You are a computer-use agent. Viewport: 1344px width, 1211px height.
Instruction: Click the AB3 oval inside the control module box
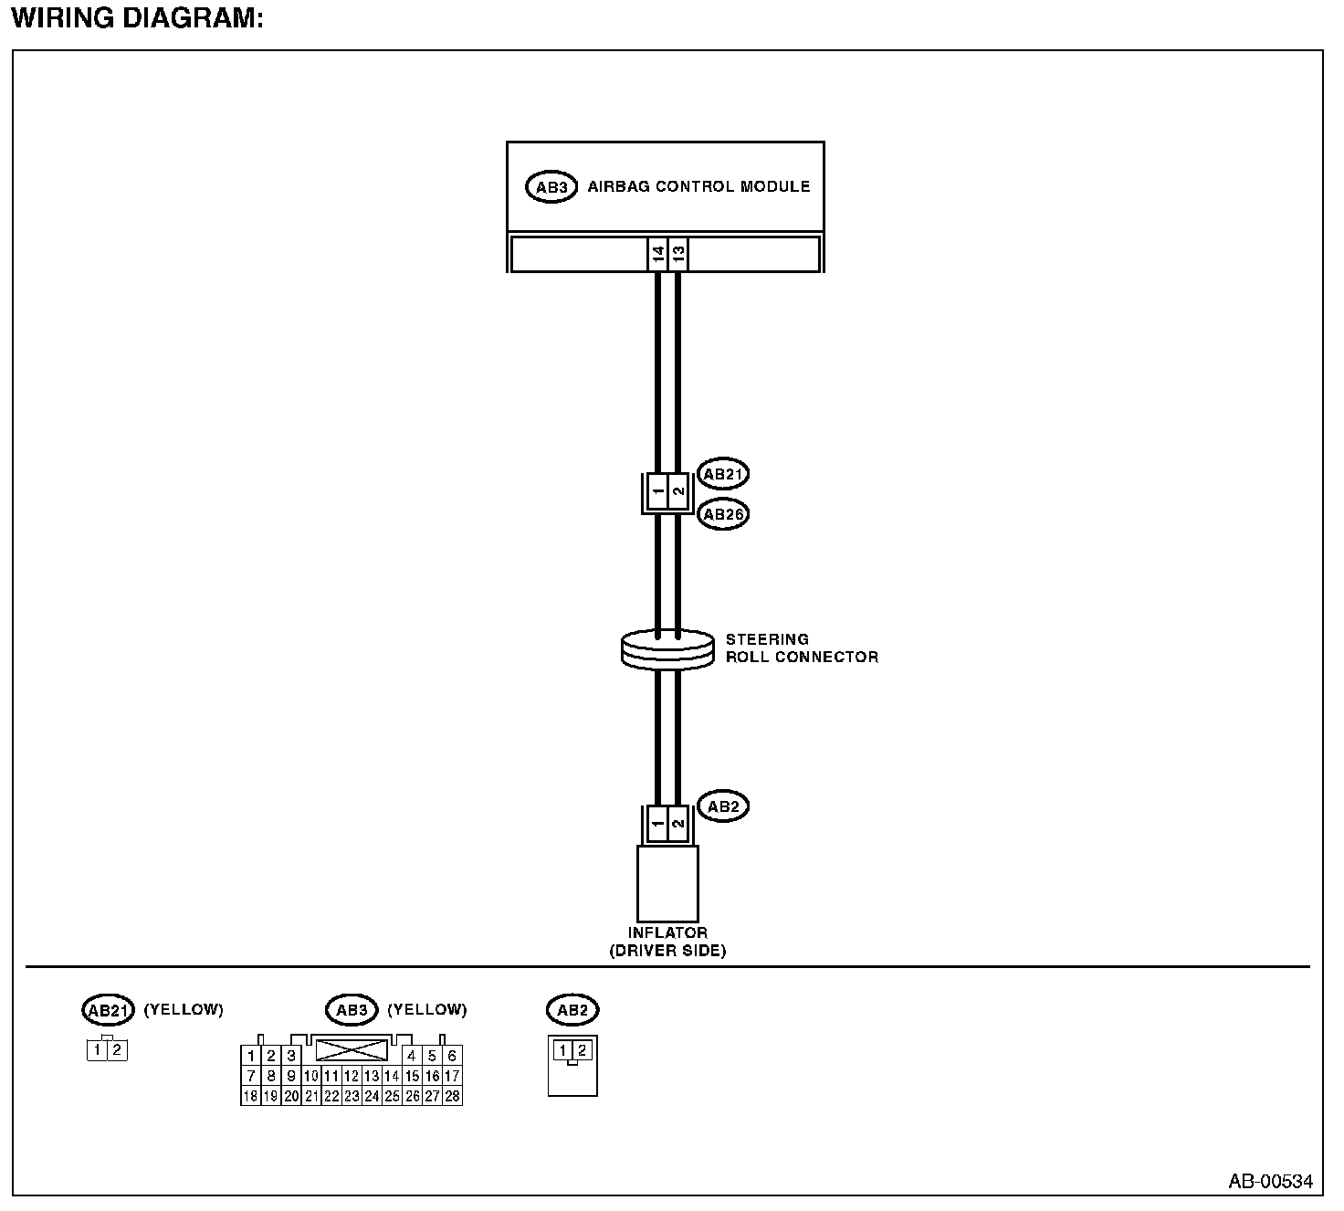pos(551,187)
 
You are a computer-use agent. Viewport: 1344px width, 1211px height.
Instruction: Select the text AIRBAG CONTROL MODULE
pos(698,186)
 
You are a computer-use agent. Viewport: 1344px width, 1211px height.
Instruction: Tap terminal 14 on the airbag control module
pos(657,255)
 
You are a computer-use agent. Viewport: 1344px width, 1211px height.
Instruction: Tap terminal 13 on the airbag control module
pos(677,255)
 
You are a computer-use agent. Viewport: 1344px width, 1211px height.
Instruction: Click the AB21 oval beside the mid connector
pos(723,474)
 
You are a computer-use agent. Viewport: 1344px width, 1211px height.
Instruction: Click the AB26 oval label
pos(723,514)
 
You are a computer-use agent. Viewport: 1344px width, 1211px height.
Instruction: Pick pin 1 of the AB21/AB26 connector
pos(657,493)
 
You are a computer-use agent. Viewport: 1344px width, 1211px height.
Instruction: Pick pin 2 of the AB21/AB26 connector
pos(677,493)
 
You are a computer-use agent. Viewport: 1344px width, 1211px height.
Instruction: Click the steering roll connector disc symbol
pos(667,649)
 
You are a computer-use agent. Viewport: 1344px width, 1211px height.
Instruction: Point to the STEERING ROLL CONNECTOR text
pos(801,648)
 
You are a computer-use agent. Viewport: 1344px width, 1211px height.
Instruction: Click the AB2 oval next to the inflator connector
pos(723,806)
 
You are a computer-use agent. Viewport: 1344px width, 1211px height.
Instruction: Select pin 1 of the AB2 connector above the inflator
pos(657,825)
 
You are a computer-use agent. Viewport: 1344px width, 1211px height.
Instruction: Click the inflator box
pos(667,883)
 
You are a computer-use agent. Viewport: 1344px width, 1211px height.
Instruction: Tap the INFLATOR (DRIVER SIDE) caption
pos(667,942)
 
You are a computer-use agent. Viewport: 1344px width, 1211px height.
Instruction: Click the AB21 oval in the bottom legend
pos(108,1010)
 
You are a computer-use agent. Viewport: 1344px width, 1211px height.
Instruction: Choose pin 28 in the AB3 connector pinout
pos(452,1096)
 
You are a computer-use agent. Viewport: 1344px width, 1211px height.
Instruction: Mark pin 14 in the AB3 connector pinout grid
pos(392,1076)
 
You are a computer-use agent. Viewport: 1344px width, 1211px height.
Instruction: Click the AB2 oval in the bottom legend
pos(572,1010)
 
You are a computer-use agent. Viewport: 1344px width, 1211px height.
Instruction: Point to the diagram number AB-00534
pos(1270,1182)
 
